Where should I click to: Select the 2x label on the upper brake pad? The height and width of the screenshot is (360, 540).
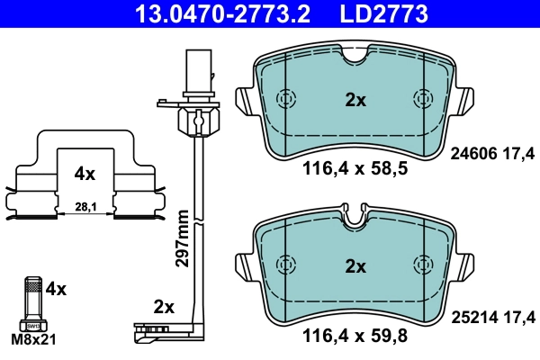pos(355,101)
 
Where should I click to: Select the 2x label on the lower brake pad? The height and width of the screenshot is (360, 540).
pos(355,266)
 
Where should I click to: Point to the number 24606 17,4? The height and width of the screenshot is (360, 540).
pos(491,154)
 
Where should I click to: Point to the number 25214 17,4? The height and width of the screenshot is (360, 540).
pos(491,318)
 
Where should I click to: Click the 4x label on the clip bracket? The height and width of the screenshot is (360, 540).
pos(85,170)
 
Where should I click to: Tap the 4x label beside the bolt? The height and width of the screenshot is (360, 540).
pos(56,289)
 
